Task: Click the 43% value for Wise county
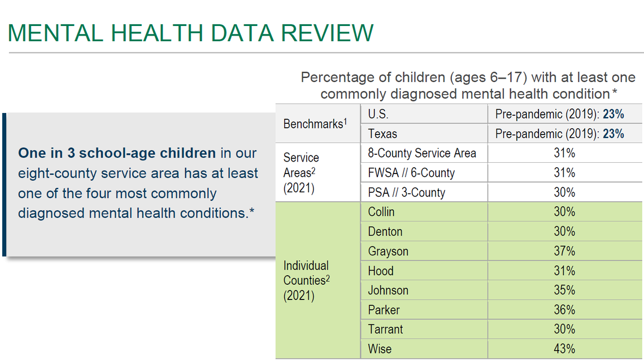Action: pos(564,349)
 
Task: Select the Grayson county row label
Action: pos(388,251)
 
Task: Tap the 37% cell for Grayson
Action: pos(564,251)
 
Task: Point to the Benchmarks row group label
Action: pos(313,124)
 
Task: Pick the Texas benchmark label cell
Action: pos(382,134)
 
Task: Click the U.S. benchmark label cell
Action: pos(378,114)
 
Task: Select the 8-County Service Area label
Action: pos(421,153)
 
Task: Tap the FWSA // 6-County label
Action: pos(411,173)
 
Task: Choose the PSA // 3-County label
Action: pos(406,192)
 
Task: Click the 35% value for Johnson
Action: pos(564,290)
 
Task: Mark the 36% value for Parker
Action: pos(564,310)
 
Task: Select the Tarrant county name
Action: pos(385,329)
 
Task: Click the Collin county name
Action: pos(381,212)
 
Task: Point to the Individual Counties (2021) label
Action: pos(306,280)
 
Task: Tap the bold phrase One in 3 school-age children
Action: pos(117,153)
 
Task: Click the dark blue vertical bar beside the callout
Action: pos(4,184)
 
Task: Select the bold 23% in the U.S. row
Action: pos(613,114)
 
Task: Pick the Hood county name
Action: pos(380,271)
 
